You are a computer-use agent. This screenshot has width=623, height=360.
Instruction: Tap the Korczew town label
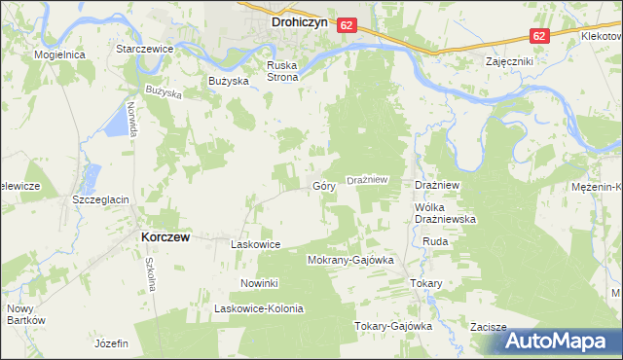point(165,236)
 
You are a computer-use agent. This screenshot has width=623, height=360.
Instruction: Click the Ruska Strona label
point(286,72)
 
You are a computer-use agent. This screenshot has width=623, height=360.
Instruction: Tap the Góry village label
point(324,185)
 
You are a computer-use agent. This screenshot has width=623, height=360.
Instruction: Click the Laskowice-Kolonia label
point(259,308)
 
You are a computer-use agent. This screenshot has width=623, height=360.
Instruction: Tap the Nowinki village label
point(260,283)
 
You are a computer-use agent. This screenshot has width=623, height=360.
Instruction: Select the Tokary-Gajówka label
point(392,326)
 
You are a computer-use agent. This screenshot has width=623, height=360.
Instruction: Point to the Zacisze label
point(488,327)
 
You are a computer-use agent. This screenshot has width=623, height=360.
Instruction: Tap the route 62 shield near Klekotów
point(538,34)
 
